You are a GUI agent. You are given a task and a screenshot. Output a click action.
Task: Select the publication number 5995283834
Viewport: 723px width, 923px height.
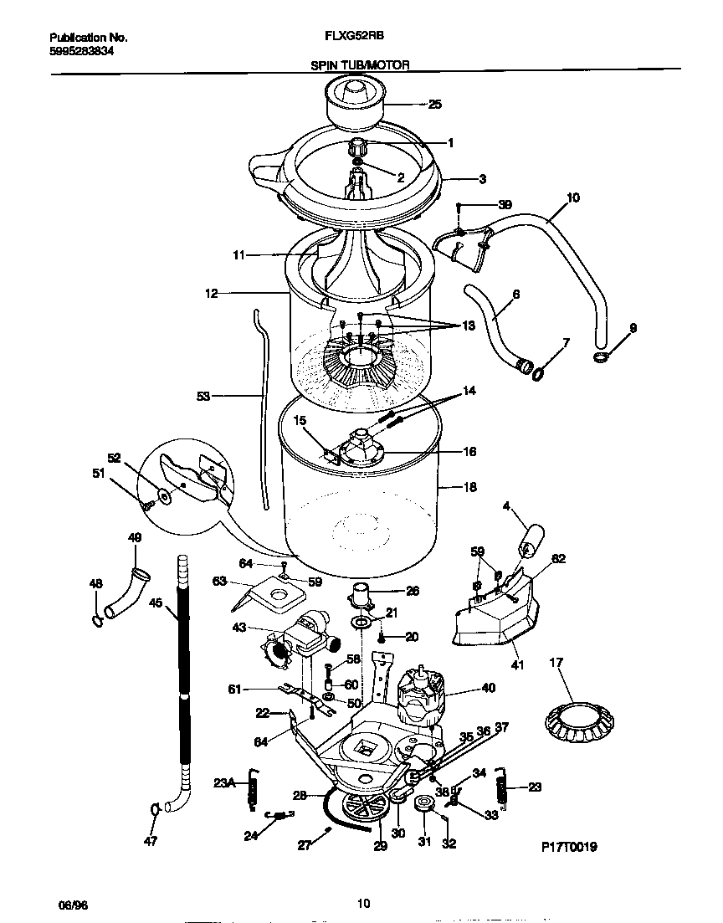point(82,51)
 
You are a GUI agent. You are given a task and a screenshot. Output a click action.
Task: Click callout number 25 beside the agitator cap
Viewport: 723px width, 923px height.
point(434,105)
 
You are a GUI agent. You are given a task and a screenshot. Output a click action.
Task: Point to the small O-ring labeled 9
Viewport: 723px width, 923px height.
point(601,358)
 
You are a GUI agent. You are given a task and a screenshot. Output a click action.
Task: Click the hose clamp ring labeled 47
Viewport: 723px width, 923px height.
point(156,809)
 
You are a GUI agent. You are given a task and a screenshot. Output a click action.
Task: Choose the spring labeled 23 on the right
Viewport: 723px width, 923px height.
point(500,787)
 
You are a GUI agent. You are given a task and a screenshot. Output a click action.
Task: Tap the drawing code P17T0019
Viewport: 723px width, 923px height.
point(568,847)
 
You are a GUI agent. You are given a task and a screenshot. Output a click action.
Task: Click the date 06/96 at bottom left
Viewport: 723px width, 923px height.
point(70,905)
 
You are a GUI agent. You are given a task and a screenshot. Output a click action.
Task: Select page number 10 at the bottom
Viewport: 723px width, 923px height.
point(362,903)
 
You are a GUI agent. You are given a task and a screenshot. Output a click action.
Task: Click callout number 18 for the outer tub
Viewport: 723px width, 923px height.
point(469,487)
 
